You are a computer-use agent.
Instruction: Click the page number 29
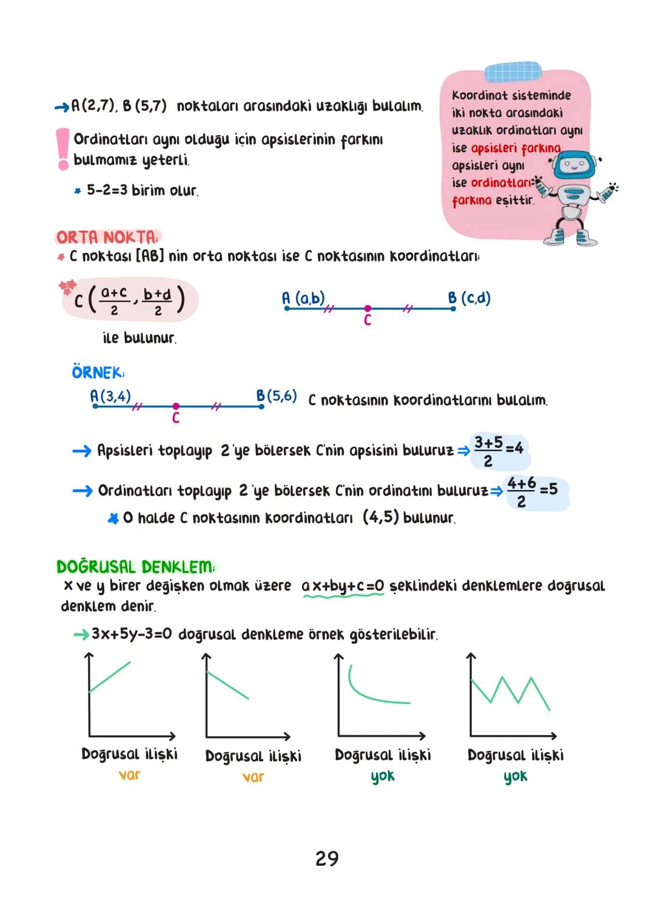pos(327,859)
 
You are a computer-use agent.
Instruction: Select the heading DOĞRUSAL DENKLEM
pos(135,567)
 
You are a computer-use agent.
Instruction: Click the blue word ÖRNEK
pos(97,372)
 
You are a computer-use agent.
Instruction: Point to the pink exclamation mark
pos(62,149)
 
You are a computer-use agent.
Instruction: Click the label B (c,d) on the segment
pos(469,298)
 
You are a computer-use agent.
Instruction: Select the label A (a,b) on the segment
pos(303,298)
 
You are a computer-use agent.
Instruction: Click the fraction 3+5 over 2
pos(488,451)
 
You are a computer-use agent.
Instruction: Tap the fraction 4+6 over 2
pos(521,491)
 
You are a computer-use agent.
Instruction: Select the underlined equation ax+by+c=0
pos(343,586)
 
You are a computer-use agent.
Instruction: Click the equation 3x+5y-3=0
pos(132,634)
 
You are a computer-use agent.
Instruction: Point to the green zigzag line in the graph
pos(511,691)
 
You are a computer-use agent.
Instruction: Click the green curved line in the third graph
pos(372,692)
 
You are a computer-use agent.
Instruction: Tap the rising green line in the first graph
pos(110,676)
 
